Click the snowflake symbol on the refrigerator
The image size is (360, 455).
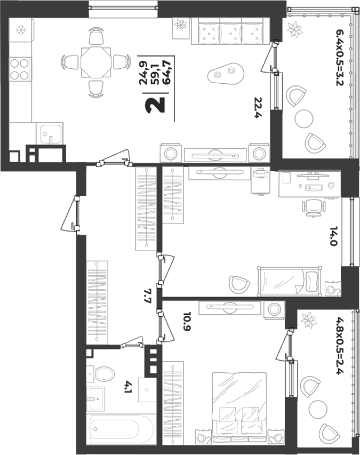pos(21,29)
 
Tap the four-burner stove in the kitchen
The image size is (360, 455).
pos(20,69)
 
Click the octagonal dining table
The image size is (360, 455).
pos(95,62)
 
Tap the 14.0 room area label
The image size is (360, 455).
pos(334,236)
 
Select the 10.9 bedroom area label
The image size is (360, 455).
pos(188,321)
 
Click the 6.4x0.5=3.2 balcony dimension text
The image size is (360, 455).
pos(339,57)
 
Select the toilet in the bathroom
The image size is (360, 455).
pos(100,374)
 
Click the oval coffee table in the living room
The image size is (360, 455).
pos(226,73)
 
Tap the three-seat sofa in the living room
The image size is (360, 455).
pos(230,31)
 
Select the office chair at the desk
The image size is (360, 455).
pos(313,208)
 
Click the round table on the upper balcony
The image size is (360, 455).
pos(303,118)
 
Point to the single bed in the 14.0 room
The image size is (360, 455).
pos(290,281)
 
